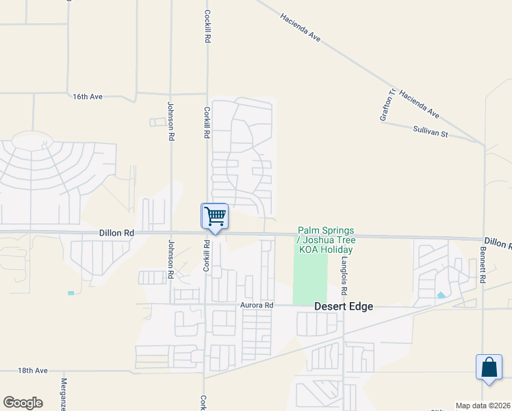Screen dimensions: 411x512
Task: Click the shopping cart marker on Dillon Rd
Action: (214, 216)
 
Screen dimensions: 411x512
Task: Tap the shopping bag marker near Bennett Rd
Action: (490, 366)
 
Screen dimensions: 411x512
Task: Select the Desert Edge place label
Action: (344, 307)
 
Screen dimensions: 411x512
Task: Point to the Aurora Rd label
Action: (257, 305)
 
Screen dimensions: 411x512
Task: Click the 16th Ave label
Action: (88, 97)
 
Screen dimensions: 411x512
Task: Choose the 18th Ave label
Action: (33, 371)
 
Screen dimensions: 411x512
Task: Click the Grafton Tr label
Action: (388, 105)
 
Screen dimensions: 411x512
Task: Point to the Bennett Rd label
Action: (482, 272)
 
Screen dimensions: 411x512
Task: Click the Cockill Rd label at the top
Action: (206, 27)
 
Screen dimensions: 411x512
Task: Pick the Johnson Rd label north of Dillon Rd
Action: (170, 121)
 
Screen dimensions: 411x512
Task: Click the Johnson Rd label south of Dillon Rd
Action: (170, 261)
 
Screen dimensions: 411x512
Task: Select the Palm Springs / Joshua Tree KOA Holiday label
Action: (325, 240)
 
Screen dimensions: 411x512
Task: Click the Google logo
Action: (23, 403)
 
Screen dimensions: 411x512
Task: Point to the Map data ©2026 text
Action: (483, 405)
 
